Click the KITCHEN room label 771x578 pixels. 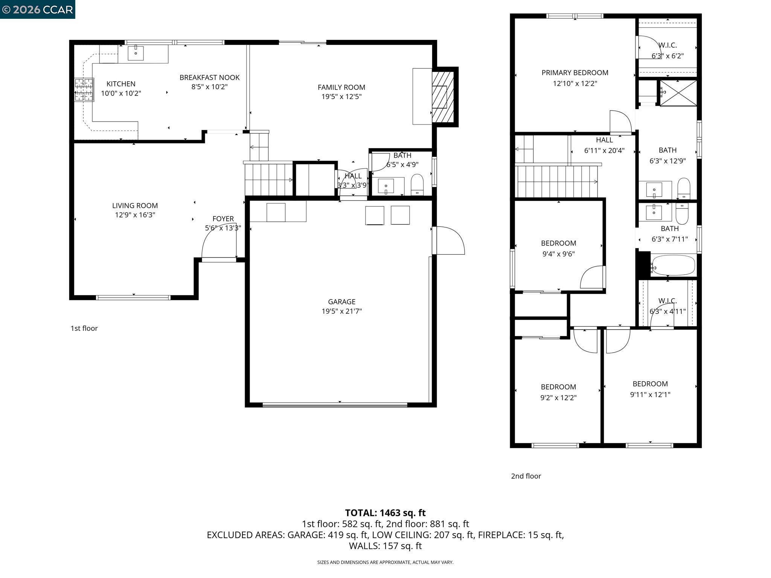click(121, 84)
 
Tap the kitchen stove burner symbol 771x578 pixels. click(84, 90)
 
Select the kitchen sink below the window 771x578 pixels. click(136, 53)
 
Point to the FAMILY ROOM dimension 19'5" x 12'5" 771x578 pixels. click(341, 97)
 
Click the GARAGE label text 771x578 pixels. click(341, 302)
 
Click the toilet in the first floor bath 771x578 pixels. click(417, 185)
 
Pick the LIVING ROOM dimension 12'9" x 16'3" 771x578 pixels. click(135, 215)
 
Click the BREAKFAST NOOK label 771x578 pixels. click(209, 78)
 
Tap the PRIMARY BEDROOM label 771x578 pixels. click(574, 73)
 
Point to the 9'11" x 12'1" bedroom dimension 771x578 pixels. click(650, 394)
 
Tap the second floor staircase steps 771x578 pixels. click(556, 181)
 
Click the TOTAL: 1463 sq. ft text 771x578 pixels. click(385, 513)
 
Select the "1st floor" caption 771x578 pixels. click(84, 328)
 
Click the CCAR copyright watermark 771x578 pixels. click(38, 9)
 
